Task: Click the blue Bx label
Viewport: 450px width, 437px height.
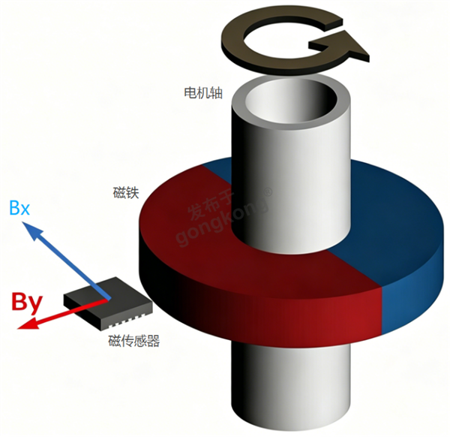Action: click(19, 208)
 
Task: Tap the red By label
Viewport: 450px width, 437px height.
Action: click(27, 301)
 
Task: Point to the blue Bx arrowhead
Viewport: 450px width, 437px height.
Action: click(33, 230)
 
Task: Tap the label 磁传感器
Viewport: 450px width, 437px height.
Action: click(133, 341)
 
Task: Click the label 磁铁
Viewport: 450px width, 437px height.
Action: click(126, 193)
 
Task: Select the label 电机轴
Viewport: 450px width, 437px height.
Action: click(203, 93)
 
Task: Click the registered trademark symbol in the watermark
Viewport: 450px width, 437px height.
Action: click(268, 192)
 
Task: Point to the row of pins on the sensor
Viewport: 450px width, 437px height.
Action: click(126, 321)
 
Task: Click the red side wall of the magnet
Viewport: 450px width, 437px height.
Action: click(258, 313)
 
